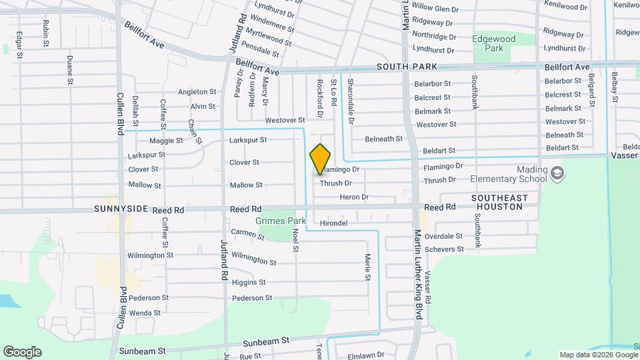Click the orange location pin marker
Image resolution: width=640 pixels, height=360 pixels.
(x=321, y=159)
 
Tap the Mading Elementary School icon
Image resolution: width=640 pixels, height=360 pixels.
(x=558, y=174)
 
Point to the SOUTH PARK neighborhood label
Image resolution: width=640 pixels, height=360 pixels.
(x=407, y=67)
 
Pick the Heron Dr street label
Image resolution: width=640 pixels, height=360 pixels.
(x=355, y=197)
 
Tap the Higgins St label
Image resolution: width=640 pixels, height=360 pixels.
(x=249, y=282)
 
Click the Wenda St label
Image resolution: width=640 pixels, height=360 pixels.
(x=145, y=312)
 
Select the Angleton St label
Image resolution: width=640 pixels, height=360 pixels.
(x=198, y=92)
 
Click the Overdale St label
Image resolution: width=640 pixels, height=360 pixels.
(x=444, y=236)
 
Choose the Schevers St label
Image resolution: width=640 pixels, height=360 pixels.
(x=444, y=249)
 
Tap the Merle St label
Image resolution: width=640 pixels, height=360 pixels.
(x=367, y=267)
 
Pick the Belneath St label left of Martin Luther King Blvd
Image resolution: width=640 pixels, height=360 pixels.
(x=384, y=139)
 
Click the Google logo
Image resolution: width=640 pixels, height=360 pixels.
(x=22, y=351)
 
